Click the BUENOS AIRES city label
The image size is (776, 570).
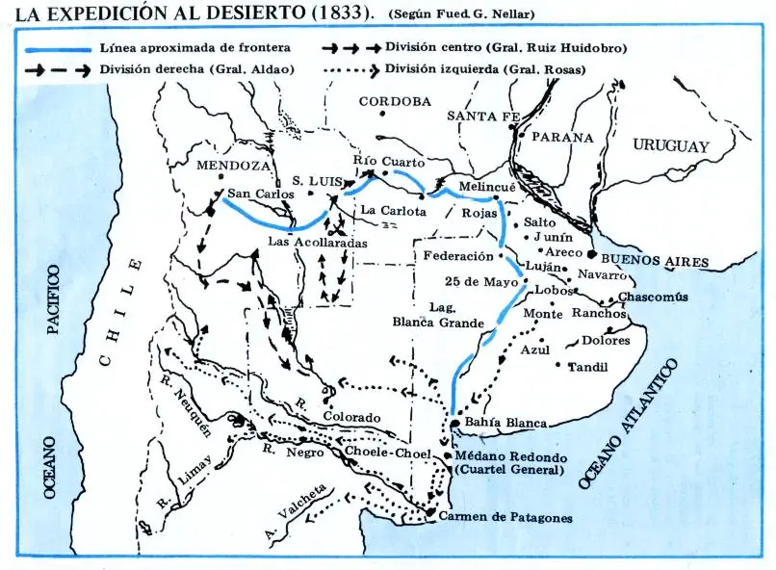tap(655, 261)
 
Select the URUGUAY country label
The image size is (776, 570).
tap(670, 146)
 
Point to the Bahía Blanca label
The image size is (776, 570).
tap(505, 423)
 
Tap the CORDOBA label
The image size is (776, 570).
tap(394, 101)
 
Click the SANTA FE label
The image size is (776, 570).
tap(483, 117)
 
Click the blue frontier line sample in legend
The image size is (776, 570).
tap(58, 48)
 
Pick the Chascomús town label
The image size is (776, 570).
tap(653, 297)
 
